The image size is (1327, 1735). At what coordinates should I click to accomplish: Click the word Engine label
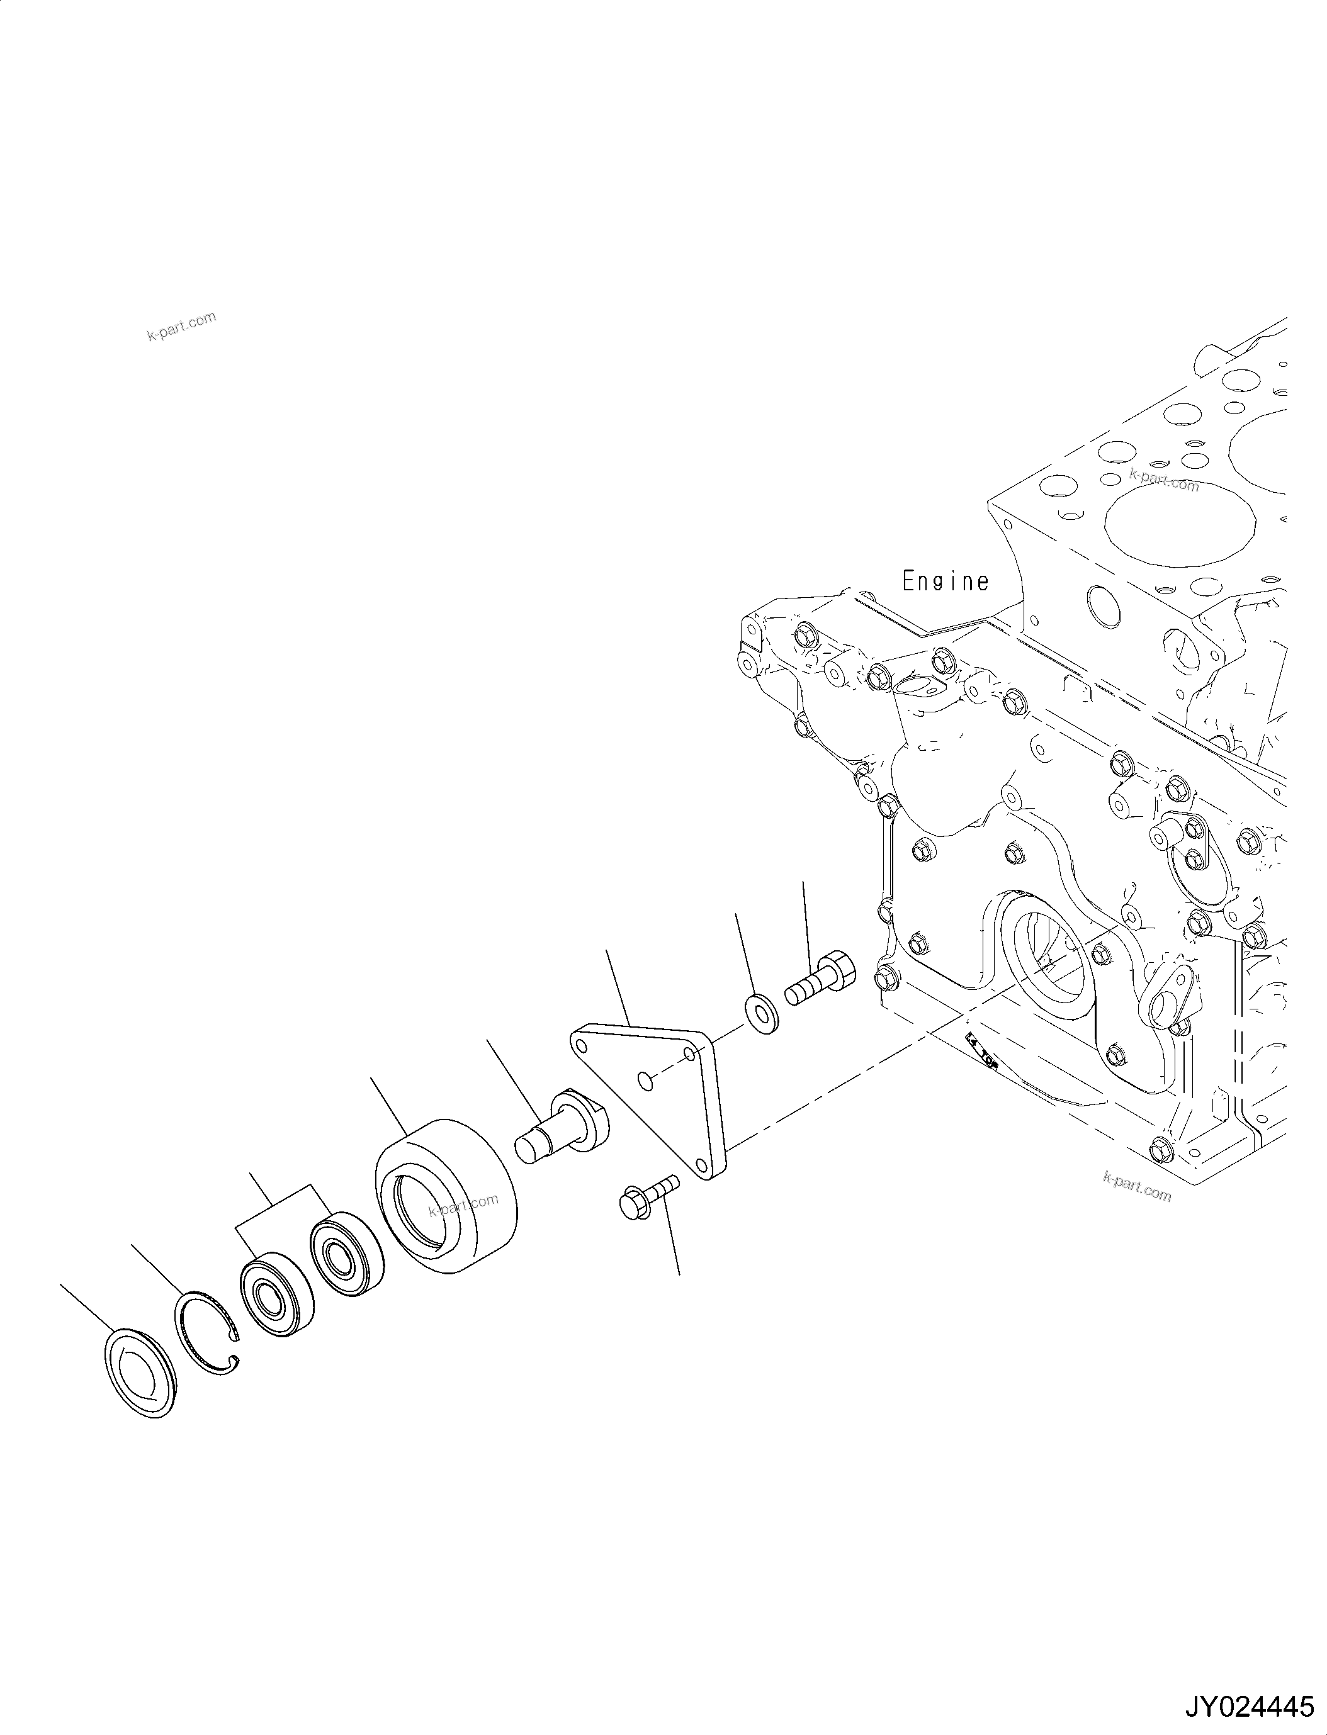coord(945,582)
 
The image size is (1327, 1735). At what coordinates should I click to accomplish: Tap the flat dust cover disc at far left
coord(140,1373)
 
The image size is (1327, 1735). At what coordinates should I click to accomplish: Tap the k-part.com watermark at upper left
coord(181,325)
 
